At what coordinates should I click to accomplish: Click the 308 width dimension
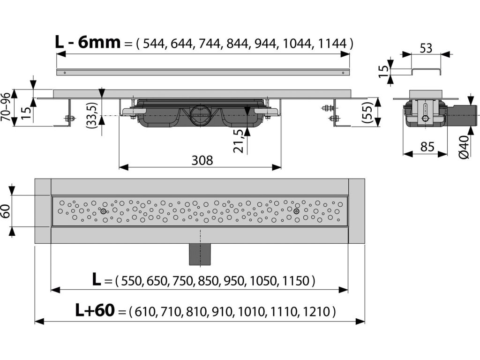(x=202, y=160)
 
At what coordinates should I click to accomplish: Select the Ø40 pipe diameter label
(x=464, y=147)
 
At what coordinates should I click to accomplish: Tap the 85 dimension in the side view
(x=427, y=147)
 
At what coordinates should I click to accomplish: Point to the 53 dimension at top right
(x=426, y=48)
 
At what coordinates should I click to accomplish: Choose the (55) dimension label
(x=367, y=112)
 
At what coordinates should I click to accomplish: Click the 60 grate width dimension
(x=6, y=211)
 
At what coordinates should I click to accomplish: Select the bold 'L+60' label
(x=95, y=310)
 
